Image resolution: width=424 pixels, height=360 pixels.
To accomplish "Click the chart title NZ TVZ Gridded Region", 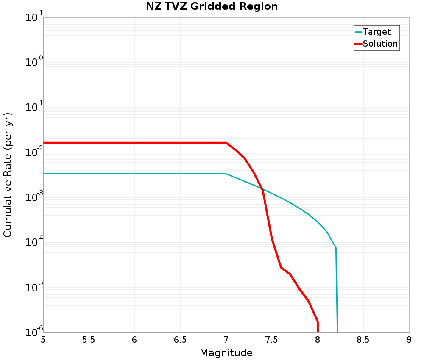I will tap(212, 7).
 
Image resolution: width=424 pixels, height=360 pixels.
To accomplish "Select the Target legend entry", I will tap(377, 32).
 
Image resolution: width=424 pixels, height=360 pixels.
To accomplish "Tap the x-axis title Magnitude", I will tap(226, 352).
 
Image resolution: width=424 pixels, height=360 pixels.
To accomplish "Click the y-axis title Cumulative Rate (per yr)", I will tap(8, 175).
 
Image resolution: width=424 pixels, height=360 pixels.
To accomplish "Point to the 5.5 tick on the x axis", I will tap(89, 340).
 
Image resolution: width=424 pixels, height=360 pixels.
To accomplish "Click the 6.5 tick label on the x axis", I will tap(180, 340).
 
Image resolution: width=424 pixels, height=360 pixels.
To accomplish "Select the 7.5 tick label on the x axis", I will tap(272, 340).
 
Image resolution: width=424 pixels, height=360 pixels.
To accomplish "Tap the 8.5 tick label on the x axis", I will tap(363, 340).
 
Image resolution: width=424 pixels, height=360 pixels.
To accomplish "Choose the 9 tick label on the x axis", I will tap(409, 340).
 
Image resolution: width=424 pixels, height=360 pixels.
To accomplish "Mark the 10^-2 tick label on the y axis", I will tap(33, 152).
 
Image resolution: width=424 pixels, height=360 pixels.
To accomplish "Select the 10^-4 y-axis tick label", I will tap(33, 242).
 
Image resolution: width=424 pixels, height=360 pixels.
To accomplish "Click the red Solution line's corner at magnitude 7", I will tap(226, 143).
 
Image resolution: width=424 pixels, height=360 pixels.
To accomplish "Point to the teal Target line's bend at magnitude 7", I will tap(226, 174).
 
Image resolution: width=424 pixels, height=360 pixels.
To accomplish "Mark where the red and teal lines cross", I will tap(261, 188).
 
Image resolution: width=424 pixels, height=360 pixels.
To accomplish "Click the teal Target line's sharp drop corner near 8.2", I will tap(336, 248).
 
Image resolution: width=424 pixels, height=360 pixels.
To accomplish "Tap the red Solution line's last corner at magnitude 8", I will tap(318, 321).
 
